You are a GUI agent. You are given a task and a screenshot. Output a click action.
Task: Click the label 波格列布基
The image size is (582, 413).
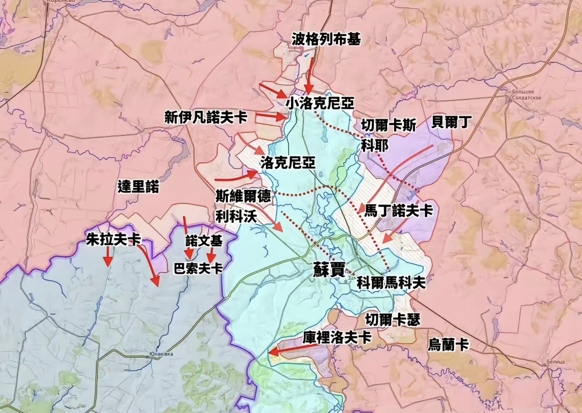[326, 40]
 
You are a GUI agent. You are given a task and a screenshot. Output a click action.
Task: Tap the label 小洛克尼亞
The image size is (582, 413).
[320, 104]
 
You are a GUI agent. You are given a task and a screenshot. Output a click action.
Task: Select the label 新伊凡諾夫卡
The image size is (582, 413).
[206, 118]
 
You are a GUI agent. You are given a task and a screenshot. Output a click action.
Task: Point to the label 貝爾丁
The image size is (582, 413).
[450, 122]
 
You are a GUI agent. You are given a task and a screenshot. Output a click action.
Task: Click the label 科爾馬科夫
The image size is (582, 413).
[391, 283]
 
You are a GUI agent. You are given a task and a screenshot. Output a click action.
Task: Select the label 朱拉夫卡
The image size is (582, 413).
[114, 240]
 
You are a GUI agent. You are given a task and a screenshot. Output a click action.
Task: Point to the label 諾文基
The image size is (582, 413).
[204, 241]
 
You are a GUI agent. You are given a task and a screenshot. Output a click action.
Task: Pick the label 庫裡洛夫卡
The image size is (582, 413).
[337, 337]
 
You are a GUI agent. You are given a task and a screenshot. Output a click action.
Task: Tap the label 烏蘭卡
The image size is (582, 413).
[448, 345]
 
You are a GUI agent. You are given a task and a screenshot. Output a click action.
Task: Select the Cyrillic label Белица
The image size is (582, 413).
[554, 361]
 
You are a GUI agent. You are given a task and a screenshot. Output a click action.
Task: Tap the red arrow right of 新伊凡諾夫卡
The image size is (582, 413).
[270, 116]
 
